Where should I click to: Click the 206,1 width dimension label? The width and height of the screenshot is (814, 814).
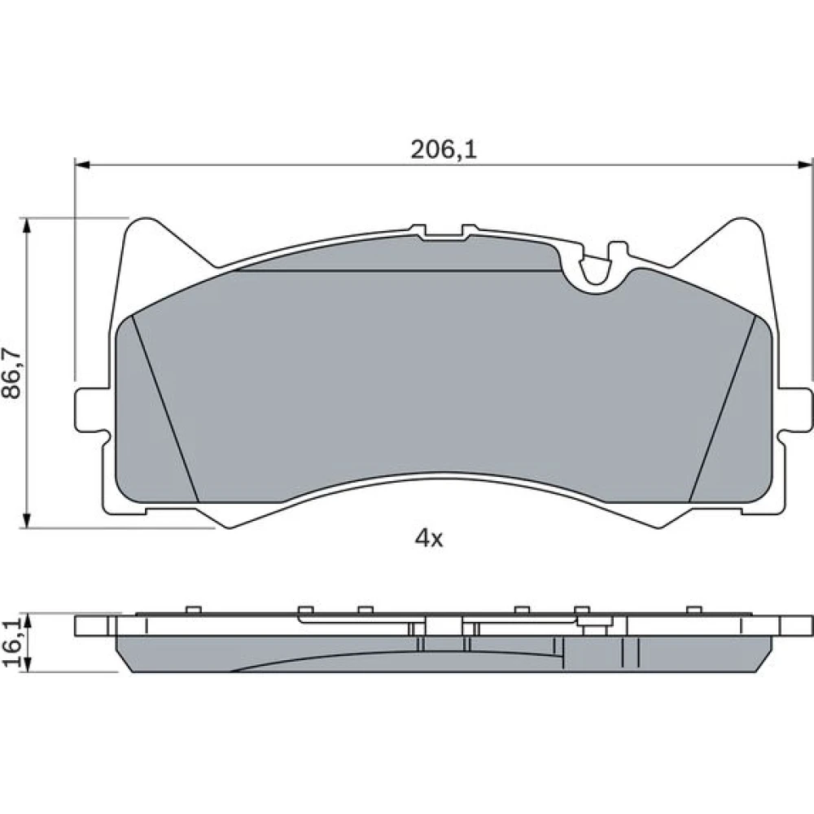tap(444, 150)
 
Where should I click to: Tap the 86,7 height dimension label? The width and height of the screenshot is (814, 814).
tap(11, 373)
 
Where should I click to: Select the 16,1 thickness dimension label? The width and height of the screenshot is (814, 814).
tap(12, 643)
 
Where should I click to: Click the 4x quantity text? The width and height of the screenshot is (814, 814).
tap(429, 540)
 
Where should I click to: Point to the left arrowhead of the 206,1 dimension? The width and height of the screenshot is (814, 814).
tap(83, 164)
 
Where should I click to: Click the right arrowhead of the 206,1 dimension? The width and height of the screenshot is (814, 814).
tap(804, 164)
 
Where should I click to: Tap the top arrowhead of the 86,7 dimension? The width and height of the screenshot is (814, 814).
tap(25, 225)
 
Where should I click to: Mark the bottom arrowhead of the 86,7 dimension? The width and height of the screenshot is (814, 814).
tap(25, 520)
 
